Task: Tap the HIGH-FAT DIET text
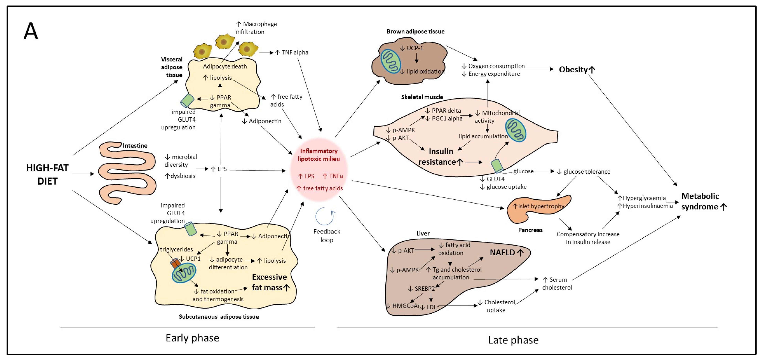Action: (47, 174)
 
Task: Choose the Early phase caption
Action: (192, 338)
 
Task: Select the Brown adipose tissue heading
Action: (415, 32)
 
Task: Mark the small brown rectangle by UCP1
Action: (176, 263)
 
